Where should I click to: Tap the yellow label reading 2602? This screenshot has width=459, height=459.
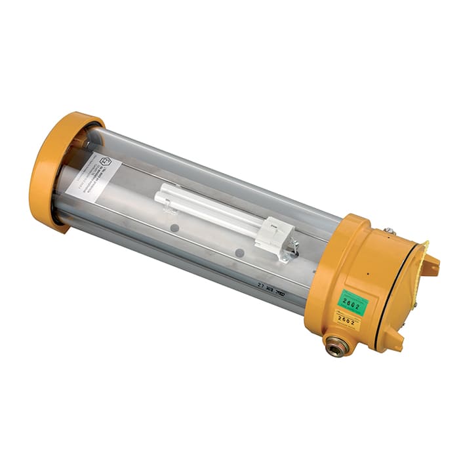348,321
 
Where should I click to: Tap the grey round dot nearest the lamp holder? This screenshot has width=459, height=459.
239,252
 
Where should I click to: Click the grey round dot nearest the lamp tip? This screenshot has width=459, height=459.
175,228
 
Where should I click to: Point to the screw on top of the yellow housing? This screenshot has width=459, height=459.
388,230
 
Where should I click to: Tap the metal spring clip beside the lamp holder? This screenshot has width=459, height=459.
293,246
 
